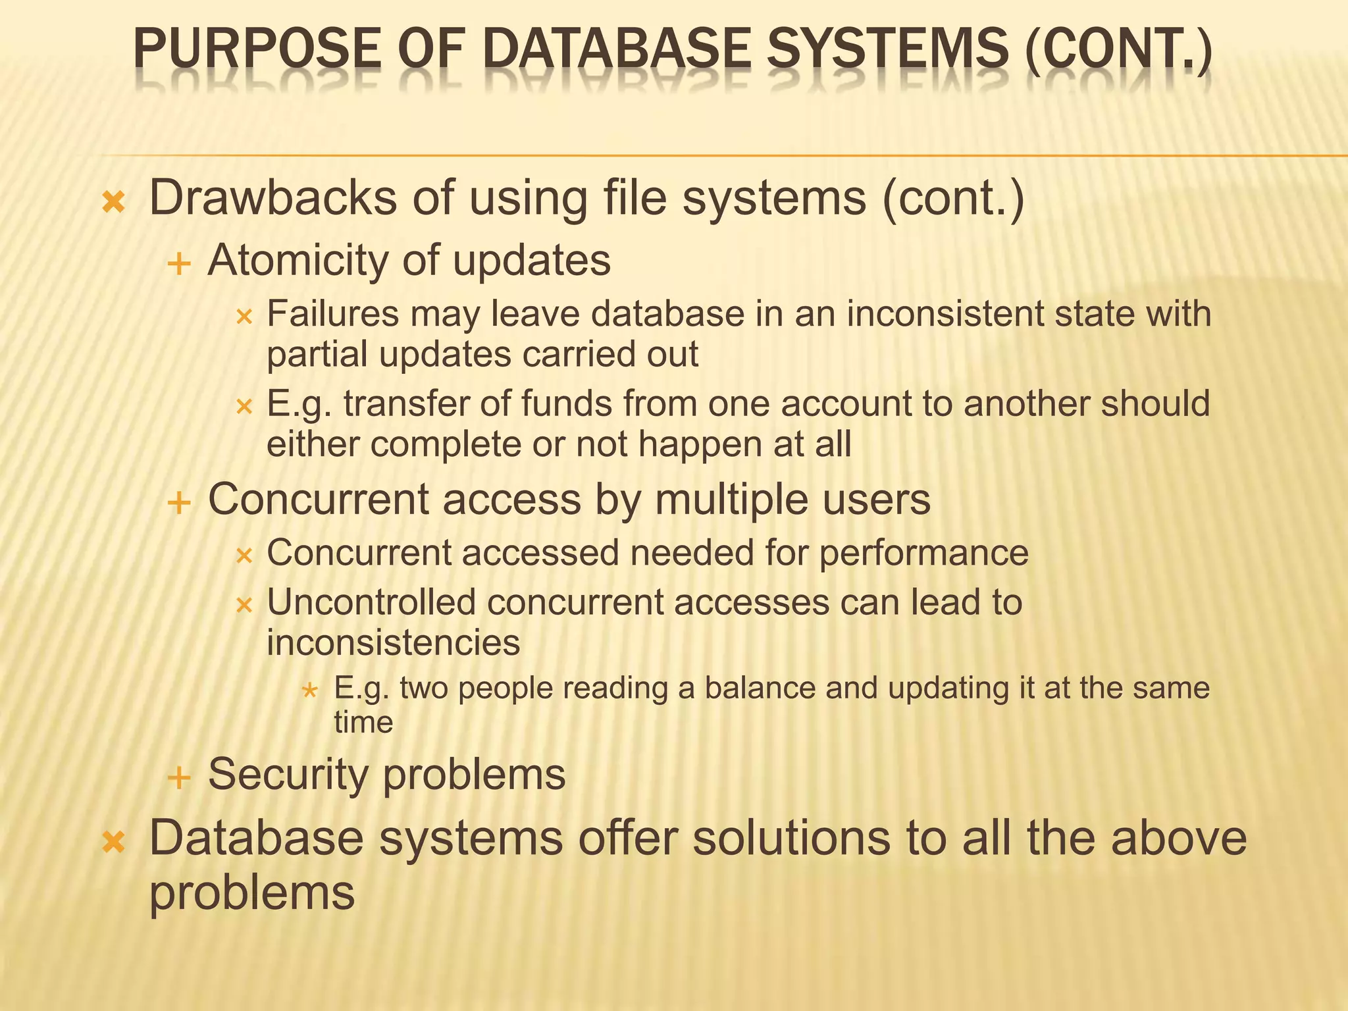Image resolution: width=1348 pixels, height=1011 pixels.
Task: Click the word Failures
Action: (x=332, y=314)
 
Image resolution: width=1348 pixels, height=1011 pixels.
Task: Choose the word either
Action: (x=311, y=444)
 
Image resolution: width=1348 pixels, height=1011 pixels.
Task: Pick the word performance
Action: (x=923, y=552)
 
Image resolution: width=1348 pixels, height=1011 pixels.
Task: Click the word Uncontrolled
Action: (x=371, y=602)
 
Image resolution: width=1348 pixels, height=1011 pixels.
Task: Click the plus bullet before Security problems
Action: (x=179, y=778)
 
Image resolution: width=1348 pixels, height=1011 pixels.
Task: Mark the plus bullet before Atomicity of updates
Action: (x=179, y=265)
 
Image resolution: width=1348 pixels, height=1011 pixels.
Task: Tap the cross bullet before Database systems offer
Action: (x=114, y=841)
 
